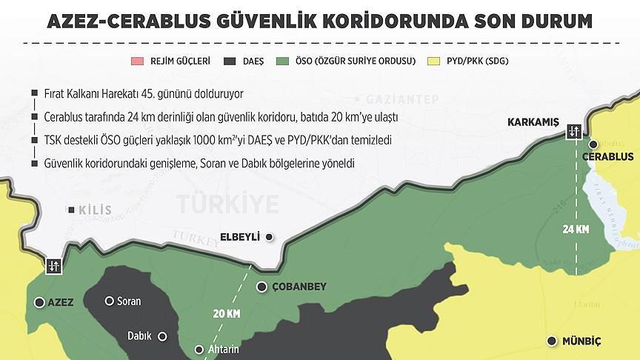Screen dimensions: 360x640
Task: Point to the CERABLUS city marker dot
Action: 593,145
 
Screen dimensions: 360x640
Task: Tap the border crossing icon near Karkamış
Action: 575,132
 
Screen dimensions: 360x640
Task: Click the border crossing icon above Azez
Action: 54,267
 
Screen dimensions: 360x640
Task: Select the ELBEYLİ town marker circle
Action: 270,237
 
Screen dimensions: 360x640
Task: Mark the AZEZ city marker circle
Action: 39,301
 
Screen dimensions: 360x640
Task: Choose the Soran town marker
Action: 110,301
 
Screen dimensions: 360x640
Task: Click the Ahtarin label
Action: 224,350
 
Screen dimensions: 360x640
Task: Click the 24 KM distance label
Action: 576,230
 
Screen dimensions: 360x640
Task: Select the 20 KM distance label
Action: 227,314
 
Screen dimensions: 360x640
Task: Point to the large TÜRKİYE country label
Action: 227,202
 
